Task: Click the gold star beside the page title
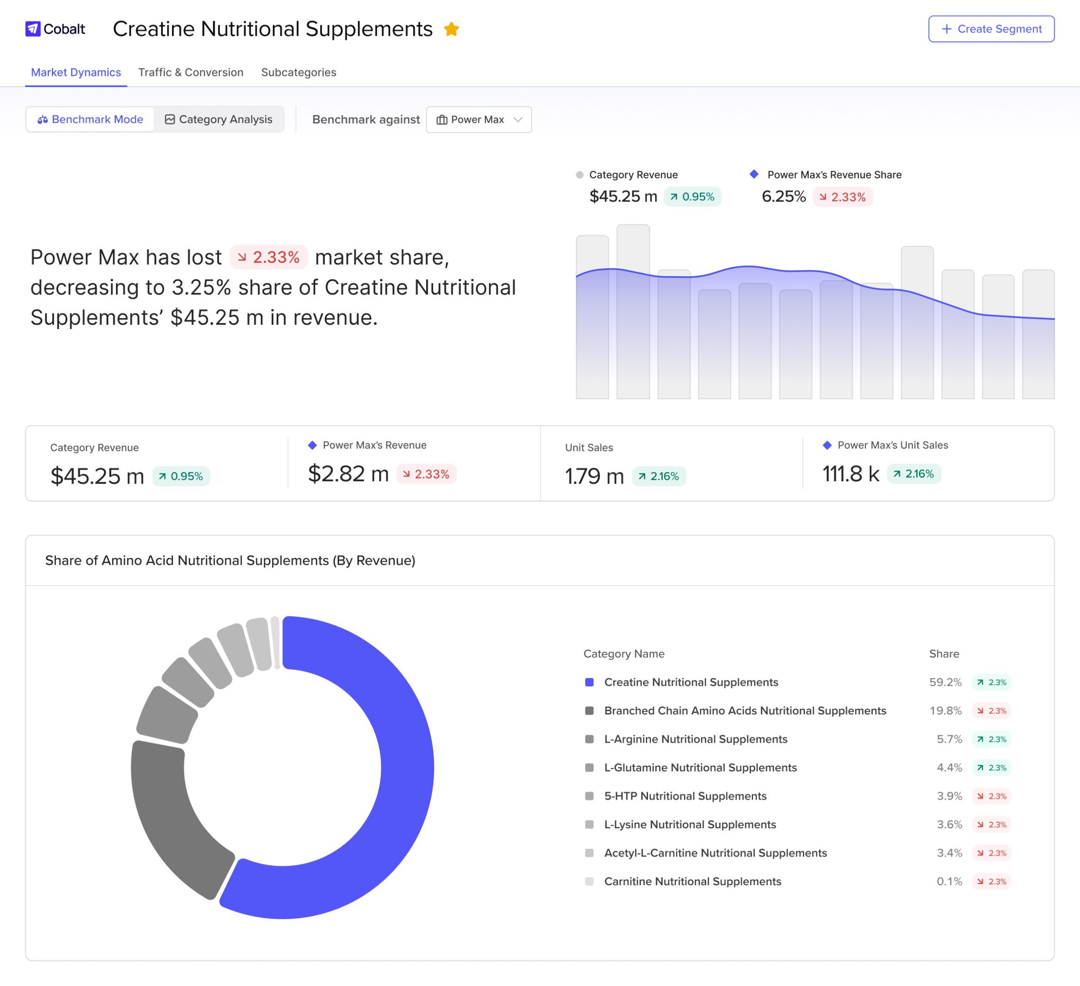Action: [451, 29]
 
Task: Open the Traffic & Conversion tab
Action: [191, 72]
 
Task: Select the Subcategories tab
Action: [298, 72]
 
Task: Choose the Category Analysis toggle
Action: [219, 119]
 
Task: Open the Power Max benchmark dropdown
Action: [478, 119]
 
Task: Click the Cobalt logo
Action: [55, 29]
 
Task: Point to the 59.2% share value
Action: [945, 682]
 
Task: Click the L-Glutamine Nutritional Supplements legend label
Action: [700, 768]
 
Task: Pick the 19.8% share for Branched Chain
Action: [945, 711]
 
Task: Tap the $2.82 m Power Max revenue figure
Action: [348, 474]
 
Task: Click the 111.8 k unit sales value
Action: [851, 474]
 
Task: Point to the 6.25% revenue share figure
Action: [783, 197]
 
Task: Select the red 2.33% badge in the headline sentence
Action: [268, 257]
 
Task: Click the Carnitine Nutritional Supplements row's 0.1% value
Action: [949, 881]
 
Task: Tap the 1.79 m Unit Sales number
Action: [594, 476]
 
